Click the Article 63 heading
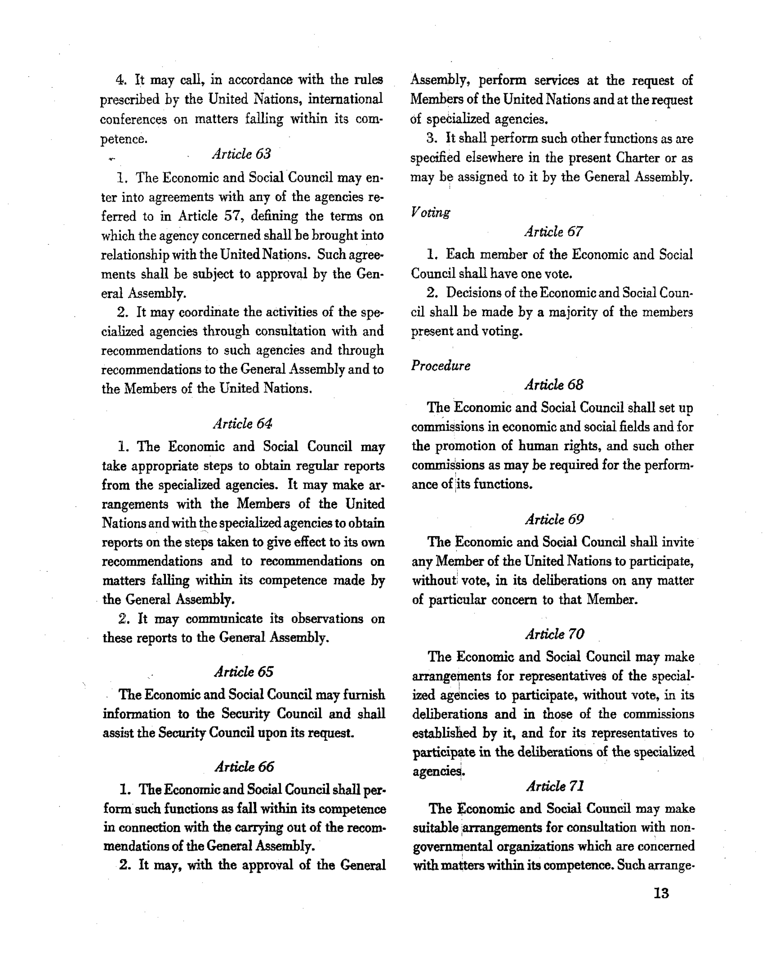point(242,154)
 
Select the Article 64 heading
point(242,423)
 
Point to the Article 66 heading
point(244,767)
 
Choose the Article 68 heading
point(554,385)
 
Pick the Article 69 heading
point(554,519)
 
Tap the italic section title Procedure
point(441,366)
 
